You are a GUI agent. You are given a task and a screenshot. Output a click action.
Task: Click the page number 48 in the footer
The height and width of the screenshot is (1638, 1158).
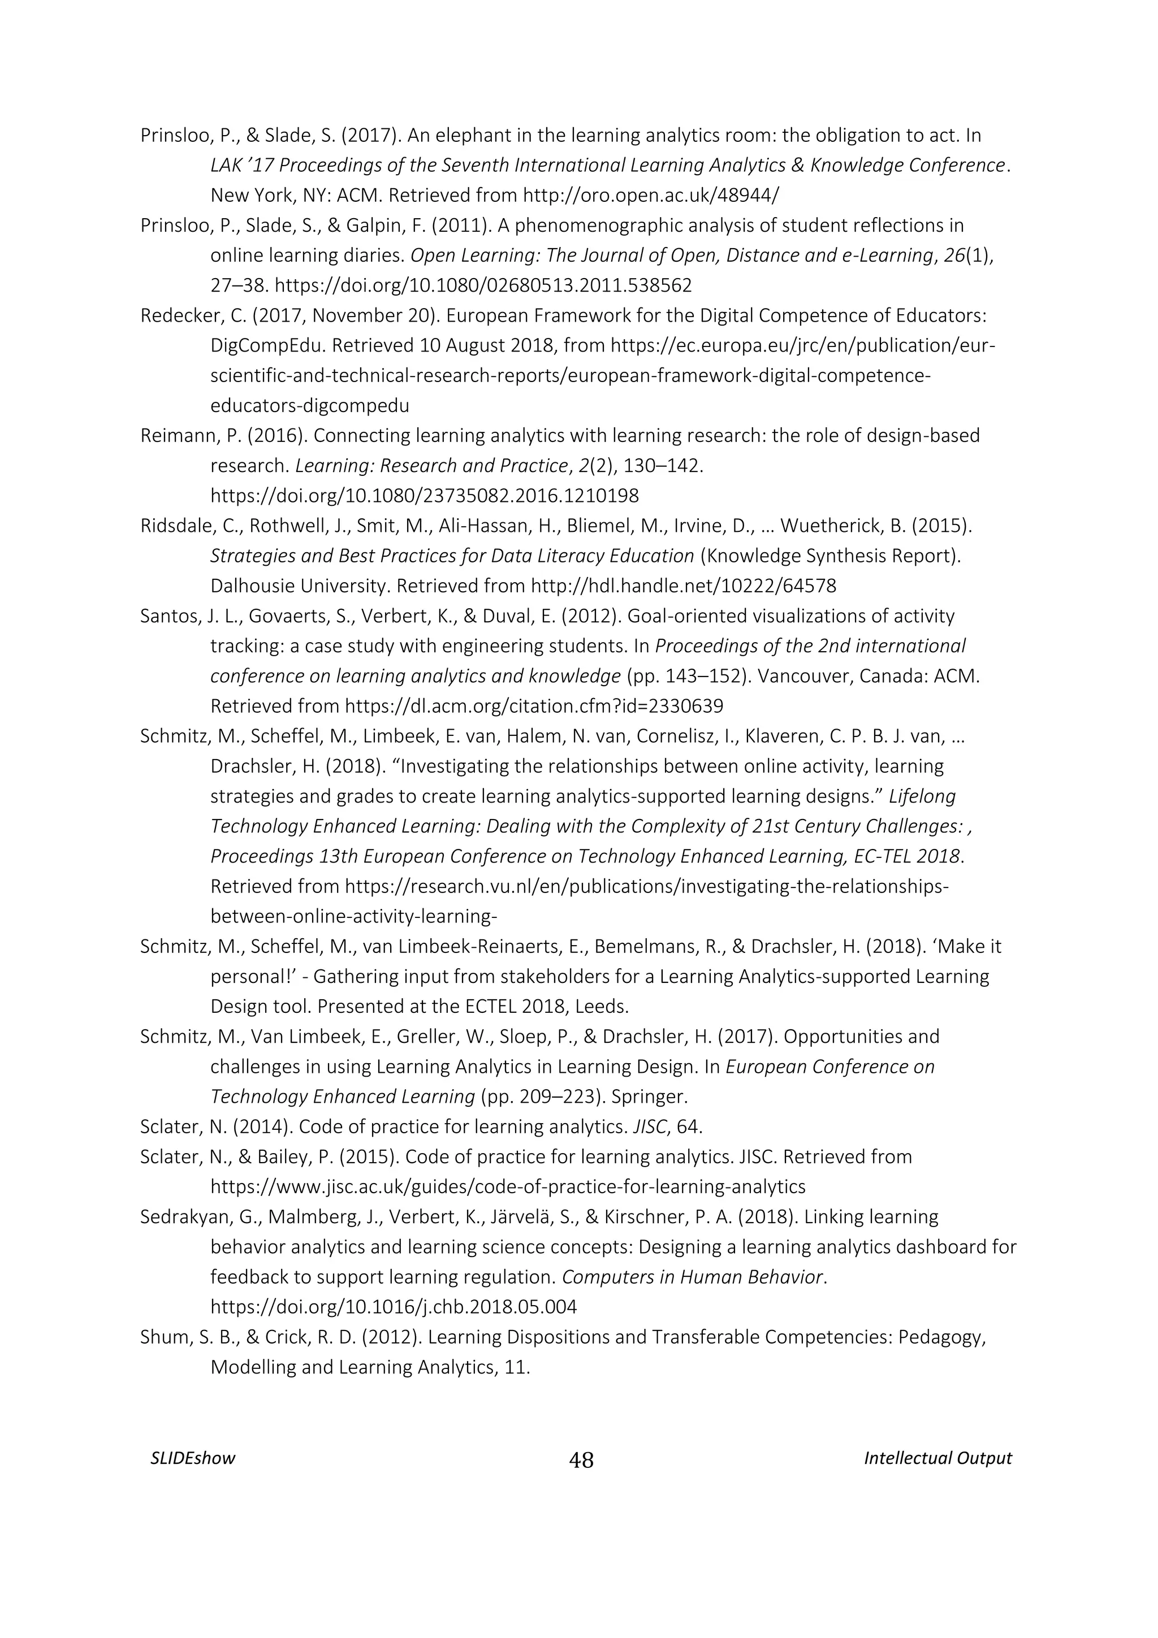pos(581,1461)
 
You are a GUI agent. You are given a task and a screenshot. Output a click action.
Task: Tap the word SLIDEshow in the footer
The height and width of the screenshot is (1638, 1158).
pos(193,1458)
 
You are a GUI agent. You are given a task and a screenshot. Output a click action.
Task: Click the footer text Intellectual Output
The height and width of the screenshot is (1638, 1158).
pos(937,1458)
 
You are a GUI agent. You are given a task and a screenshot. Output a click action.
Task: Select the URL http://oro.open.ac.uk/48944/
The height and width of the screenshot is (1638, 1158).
pos(651,196)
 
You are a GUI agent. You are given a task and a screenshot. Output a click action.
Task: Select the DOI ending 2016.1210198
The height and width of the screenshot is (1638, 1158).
pos(425,495)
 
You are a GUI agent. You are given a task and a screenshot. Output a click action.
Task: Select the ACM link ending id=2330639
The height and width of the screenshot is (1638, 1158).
pos(534,707)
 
